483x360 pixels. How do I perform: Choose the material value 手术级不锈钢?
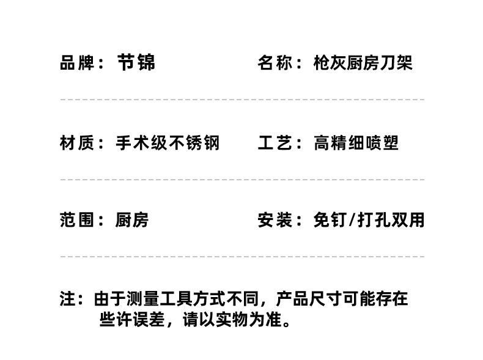click(x=168, y=143)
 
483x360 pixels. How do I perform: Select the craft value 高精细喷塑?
click(x=356, y=143)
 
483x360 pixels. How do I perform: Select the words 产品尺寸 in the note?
click(x=306, y=299)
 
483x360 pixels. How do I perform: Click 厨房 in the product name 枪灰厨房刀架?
click(x=363, y=63)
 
